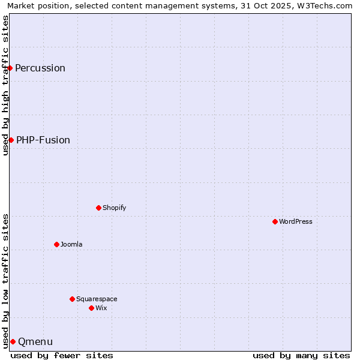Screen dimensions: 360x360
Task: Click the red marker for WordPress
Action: click(275, 221)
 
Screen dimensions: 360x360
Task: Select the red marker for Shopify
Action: click(98, 208)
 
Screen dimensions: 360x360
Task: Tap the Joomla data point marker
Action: click(56, 244)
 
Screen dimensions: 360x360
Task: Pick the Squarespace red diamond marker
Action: click(72, 299)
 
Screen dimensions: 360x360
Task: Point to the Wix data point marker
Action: click(91, 308)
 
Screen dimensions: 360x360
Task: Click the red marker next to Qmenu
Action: click(13, 341)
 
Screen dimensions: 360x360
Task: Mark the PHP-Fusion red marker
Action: click(11, 140)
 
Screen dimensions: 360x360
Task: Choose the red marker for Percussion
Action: click(10, 68)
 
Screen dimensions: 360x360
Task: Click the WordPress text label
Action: click(296, 221)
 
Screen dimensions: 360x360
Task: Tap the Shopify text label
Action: click(114, 208)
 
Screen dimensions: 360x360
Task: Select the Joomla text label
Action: click(71, 244)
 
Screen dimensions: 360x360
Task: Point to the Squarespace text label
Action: click(97, 299)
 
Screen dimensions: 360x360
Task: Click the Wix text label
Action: click(101, 308)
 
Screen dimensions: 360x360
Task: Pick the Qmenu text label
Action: click(35, 341)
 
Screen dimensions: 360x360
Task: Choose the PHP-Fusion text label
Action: click(43, 140)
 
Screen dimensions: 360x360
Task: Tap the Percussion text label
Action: click(40, 68)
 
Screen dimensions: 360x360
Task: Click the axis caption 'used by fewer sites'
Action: click(62, 355)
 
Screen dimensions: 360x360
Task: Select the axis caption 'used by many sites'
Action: click(301, 355)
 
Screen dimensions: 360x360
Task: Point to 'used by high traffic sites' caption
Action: click(5, 85)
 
